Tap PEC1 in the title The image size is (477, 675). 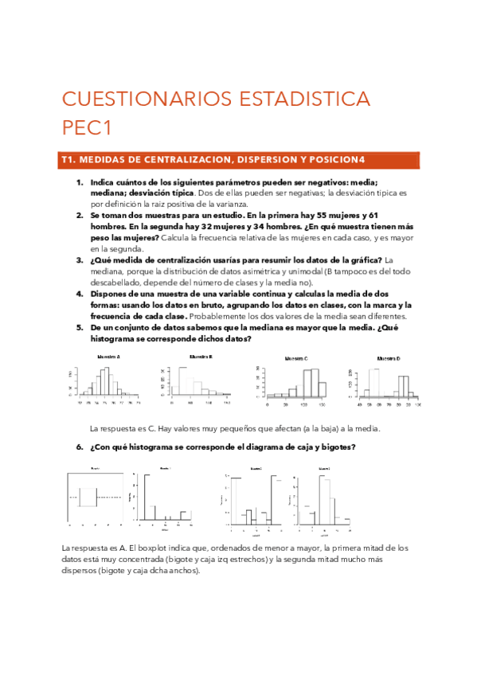tap(89, 127)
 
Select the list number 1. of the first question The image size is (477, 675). tap(80, 182)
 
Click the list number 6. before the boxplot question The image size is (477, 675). tap(80, 447)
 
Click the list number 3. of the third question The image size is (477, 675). tap(80, 260)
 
